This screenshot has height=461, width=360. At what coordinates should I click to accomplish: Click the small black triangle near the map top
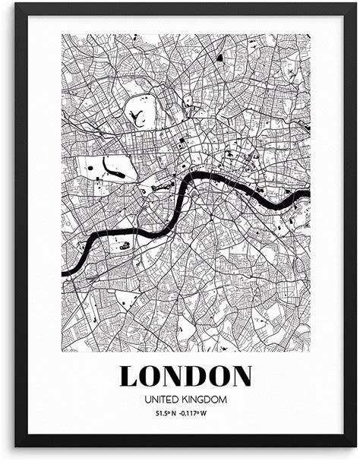pos(219,56)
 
